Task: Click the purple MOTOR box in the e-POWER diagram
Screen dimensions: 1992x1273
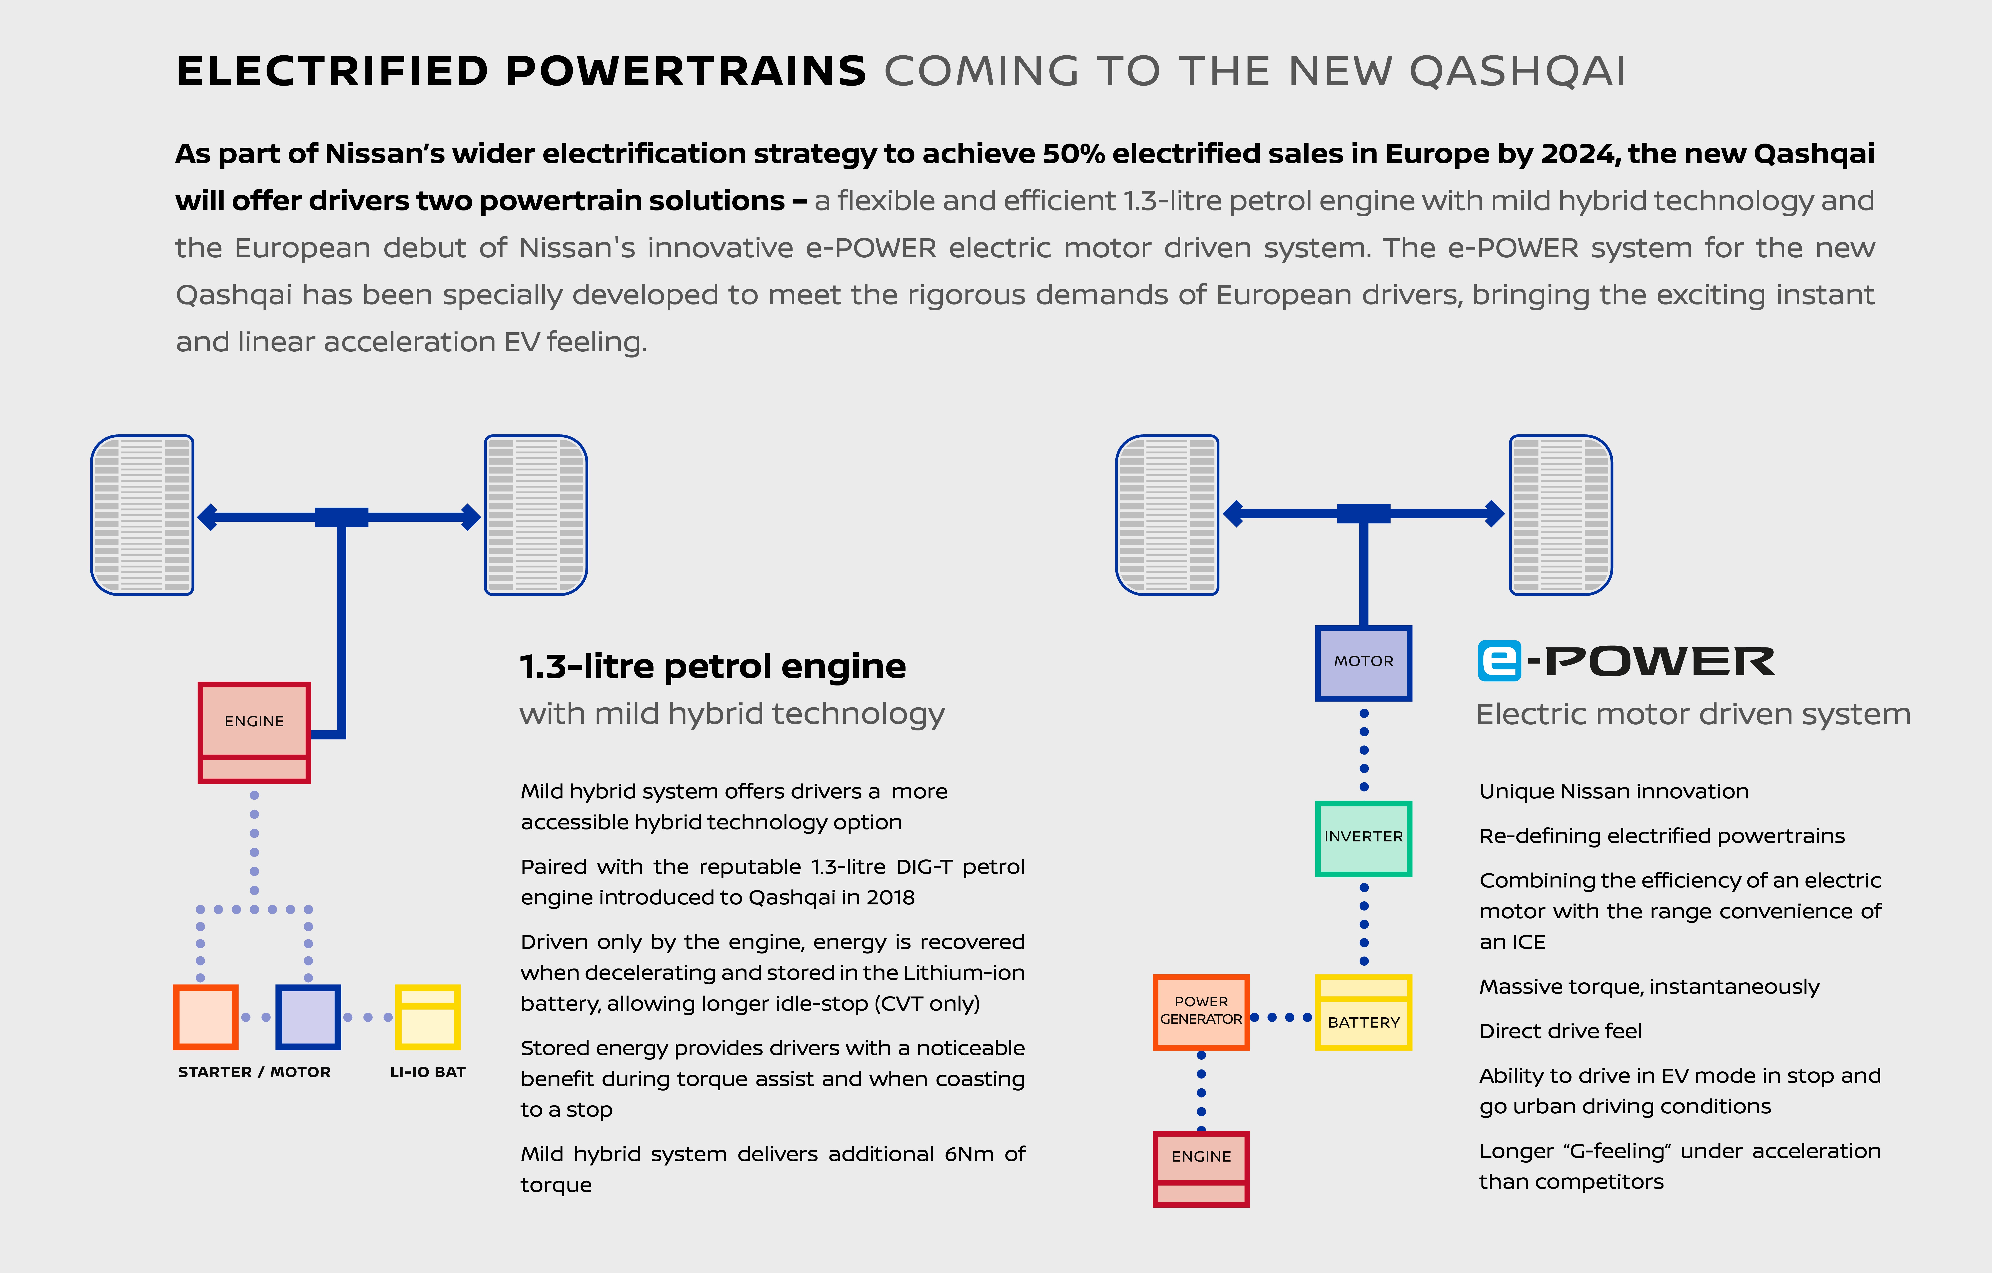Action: click(1363, 662)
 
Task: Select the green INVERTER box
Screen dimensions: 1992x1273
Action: click(1363, 838)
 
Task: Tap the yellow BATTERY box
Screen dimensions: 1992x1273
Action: click(1363, 1012)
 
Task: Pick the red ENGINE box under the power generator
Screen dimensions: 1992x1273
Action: click(1201, 1169)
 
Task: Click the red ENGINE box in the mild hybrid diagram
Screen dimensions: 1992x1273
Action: click(254, 732)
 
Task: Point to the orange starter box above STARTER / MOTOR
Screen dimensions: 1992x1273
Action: click(205, 1016)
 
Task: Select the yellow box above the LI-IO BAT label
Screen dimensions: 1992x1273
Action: click(428, 1016)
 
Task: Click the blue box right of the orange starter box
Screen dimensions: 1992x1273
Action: click(308, 1016)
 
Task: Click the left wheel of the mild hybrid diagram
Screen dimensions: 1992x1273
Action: click(142, 515)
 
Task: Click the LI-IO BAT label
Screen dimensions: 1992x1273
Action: click(428, 1072)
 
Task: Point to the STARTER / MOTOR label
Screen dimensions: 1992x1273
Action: click(254, 1072)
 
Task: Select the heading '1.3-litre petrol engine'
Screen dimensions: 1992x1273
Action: click(712, 666)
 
